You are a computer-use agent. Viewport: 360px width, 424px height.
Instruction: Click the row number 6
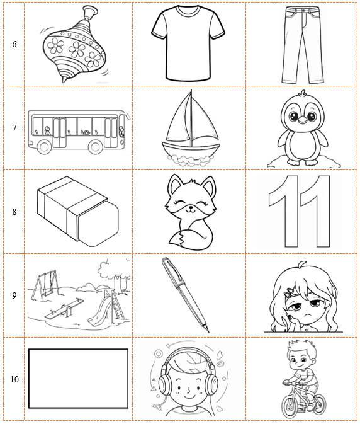pyautogui.click(x=14, y=45)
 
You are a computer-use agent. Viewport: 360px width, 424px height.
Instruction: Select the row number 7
pyautogui.click(x=14, y=128)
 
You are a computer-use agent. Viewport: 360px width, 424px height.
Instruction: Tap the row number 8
pyautogui.click(x=14, y=212)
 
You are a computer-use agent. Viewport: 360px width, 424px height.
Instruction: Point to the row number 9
pyautogui.click(x=14, y=295)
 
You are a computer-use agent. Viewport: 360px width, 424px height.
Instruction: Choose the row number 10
pyautogui.click(x=14, y=379)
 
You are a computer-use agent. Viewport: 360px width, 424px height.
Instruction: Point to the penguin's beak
pyautogui.click(x=303, y=119)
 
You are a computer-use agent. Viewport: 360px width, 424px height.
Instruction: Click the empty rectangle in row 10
pyautogui.click(x=79, y=378)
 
